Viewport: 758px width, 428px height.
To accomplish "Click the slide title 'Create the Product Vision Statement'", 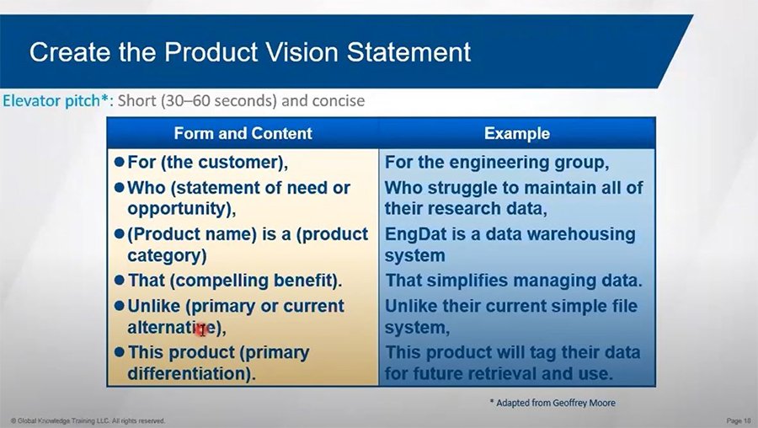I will coord(249,52).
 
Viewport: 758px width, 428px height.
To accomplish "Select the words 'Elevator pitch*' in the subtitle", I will coord(57,101).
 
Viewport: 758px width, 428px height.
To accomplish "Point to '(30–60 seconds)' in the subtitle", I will coord(209,101).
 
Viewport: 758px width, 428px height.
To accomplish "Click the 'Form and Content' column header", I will coord(243,133).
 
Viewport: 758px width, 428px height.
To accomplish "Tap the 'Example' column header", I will coord(516,133).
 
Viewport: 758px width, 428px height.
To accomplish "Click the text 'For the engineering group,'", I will coord(497,162).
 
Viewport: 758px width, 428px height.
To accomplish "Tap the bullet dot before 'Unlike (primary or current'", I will coord(119,306).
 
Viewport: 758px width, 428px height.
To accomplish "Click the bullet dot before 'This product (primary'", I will coord(119,352).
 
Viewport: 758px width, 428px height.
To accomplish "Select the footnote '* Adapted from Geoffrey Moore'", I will coord(552,402).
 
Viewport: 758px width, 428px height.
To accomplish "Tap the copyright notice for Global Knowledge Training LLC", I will coord(88,420).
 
